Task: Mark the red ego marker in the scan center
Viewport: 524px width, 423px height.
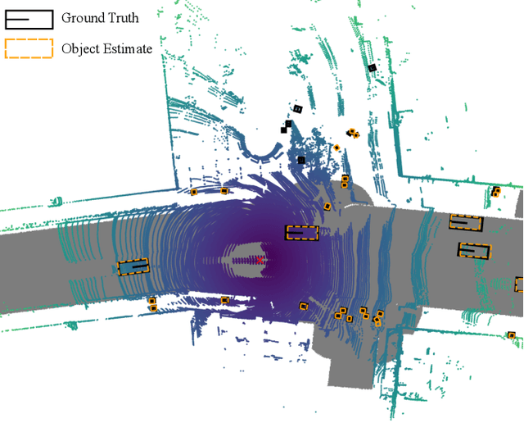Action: tap(259, 260)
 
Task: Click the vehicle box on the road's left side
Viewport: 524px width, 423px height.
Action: tap(133, 266)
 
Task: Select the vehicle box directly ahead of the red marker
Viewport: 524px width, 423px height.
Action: tap(301, 233)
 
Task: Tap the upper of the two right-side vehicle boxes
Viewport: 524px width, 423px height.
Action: tap(466, 221)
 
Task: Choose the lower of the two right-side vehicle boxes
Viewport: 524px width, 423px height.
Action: tap(474, 250)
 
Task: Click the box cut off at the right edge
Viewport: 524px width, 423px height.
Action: tap(519, 284)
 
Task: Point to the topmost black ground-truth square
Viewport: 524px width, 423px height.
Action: tap(372, 68)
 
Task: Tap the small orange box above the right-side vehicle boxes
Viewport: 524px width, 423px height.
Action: tap(495, 193)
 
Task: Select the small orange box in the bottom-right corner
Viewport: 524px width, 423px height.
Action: tap(511, 334)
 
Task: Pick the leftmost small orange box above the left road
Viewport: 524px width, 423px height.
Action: tap(194, 192)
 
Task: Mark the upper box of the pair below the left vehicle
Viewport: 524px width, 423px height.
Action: tap(152, 301)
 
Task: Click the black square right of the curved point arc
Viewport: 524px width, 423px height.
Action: tap(301, 160)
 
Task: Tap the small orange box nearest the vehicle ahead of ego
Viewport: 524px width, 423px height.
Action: tap(327, 207)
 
